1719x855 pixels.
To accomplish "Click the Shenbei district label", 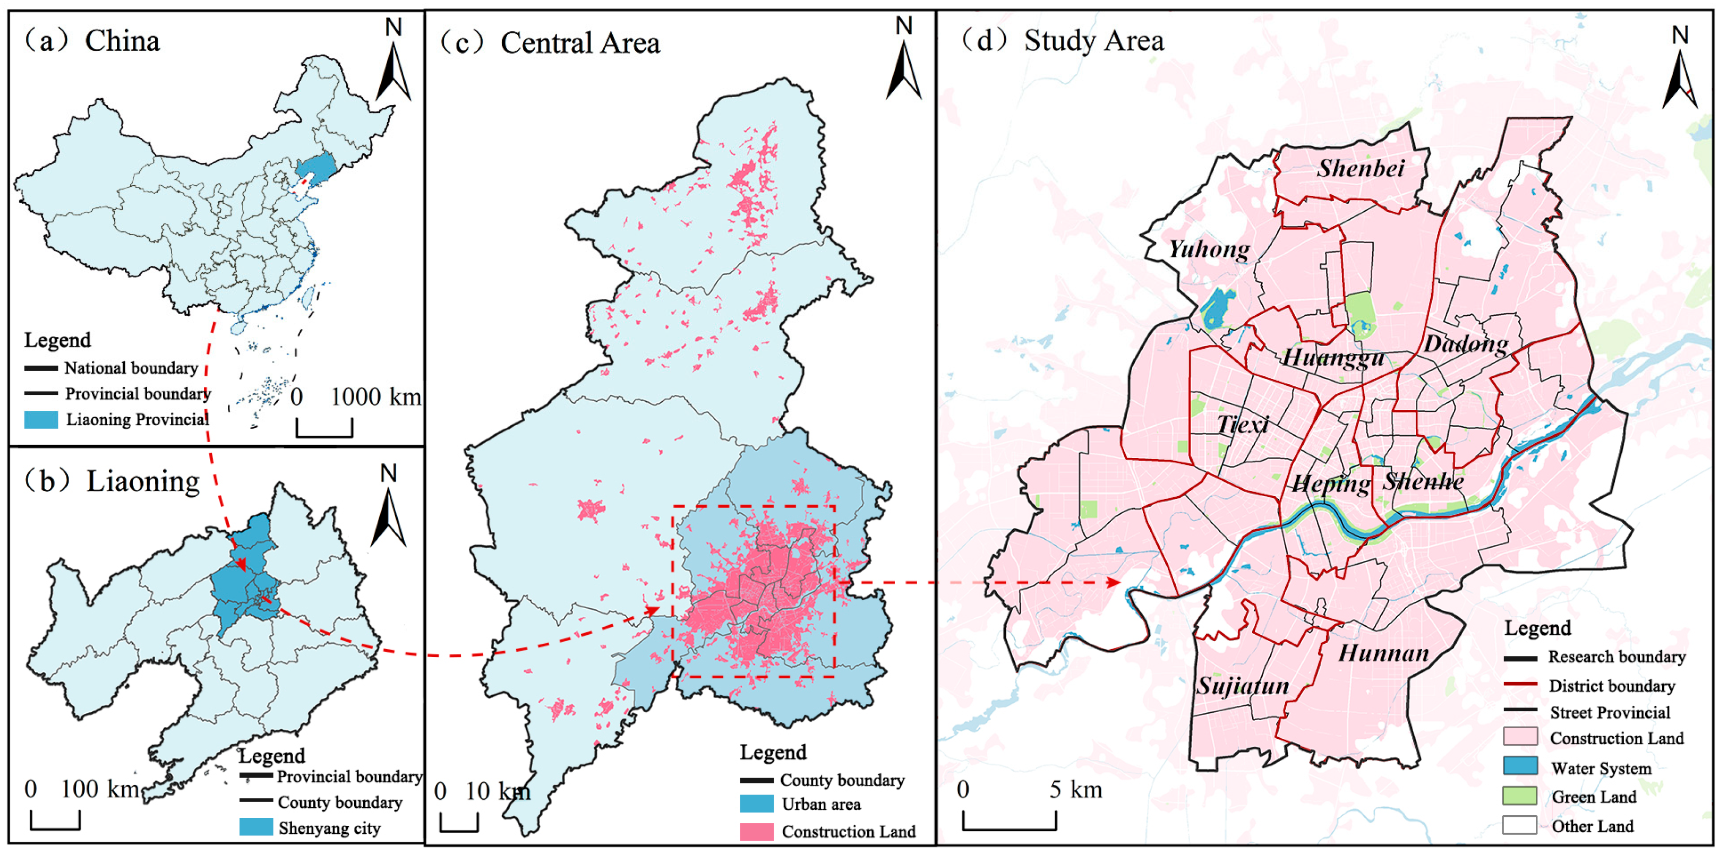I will click(x=1360, y=168).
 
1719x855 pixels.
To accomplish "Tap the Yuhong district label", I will click(x=1209, y=249).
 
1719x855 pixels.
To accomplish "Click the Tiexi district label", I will click(x=1243, y=424).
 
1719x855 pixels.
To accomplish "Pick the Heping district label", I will click(x=1331, y=483).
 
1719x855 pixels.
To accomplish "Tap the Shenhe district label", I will click(x=1423, y=481).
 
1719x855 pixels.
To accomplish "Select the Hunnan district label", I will click(x=1383, y=653).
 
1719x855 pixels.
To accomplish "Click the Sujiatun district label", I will click(x=1242, y=686).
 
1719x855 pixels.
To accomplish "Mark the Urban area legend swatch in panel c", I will click(x=756, y=804).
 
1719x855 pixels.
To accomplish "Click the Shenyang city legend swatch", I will click(x=256, y=827).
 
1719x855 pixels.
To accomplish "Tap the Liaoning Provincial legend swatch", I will click(x=41, y=419).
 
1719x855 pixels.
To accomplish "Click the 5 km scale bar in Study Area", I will click(x=1009, y=822).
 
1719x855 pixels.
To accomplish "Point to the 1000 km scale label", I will click(x=375, y=397).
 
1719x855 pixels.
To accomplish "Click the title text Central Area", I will click(x=580, y=44).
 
